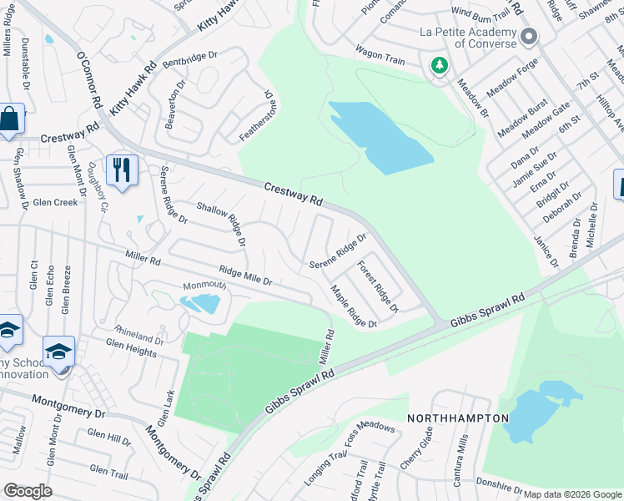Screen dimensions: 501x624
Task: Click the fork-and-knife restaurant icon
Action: click(x=122, y=170)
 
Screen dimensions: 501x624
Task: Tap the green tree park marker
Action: click(x=439, y=65)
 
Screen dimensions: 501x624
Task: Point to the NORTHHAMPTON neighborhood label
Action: click(x=457, y=417)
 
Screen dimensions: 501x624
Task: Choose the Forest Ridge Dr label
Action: click(x=378, y=286)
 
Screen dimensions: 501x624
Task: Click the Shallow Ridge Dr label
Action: click(x=221, y=223)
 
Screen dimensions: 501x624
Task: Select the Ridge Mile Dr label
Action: click(x=245, y=276)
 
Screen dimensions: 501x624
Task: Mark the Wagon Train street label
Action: click(x=380, y=56)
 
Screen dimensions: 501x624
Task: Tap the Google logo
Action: click(x=28, y=491)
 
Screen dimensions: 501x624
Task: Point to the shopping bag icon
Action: click(x=8, y=121)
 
